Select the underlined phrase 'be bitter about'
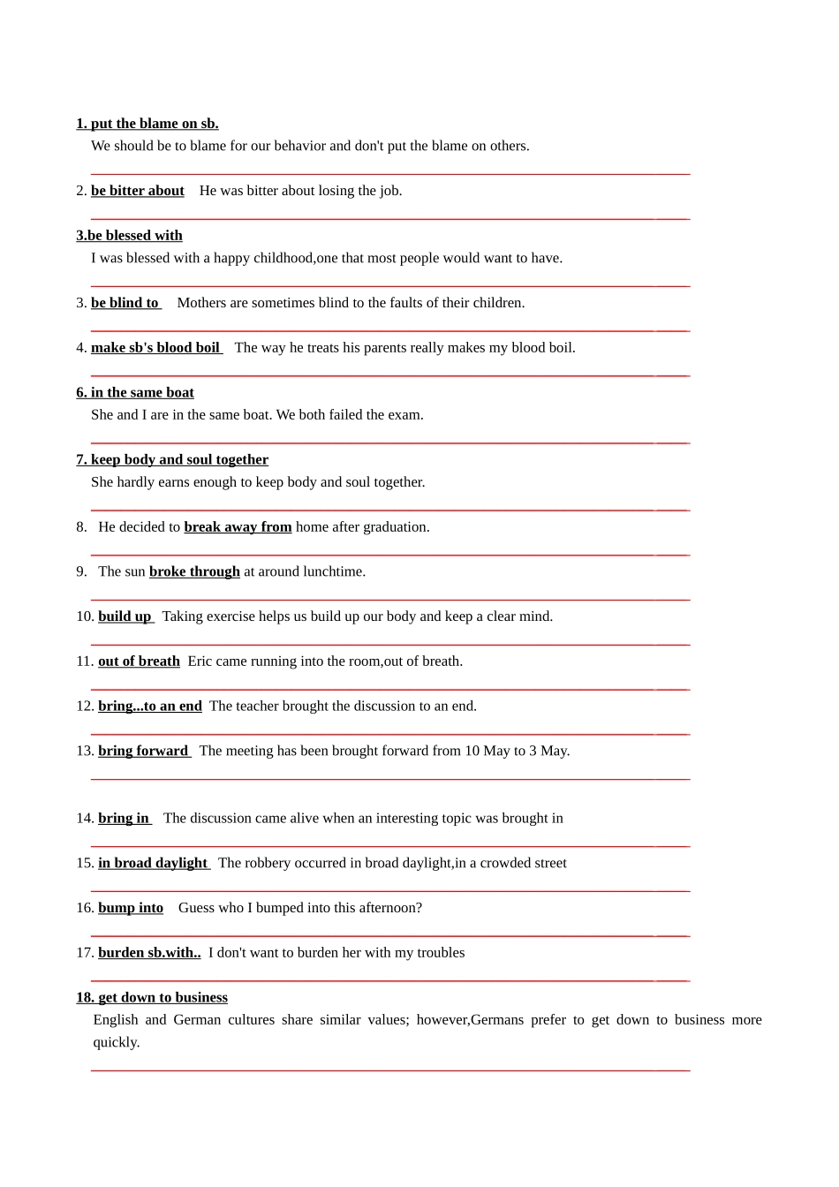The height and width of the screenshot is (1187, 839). pyautogui.click(x=138, y=191)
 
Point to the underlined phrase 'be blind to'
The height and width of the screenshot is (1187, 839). pyautogui.click(x=125, y=303)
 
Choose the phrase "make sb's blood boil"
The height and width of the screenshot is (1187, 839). pyautogui.click(x=155, y=348)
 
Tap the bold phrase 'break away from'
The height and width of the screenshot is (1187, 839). pyautogui.click(x=238, y=527)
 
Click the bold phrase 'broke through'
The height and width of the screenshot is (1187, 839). pyautogui.click(x=194, y=572)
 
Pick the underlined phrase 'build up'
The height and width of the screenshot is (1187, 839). pyautogui.click(x=125, y=616)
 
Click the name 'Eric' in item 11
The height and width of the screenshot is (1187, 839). pyautogui.click(x=200, y=662)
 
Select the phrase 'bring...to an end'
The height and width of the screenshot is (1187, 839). pyautogui.click(x=150, y=707)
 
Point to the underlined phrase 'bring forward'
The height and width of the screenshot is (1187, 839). pyautogui.click(x=143, y=752)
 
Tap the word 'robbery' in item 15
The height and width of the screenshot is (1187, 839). pyautogui.click(x=272, y=863)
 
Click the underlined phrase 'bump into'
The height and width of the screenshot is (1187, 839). pyautogui.click(x=131, y=908)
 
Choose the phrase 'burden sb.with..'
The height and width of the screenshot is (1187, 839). pyautogui.click(x=149, y=953)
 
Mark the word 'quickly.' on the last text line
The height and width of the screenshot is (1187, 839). pyautogui.click(x=117, y=1042)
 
